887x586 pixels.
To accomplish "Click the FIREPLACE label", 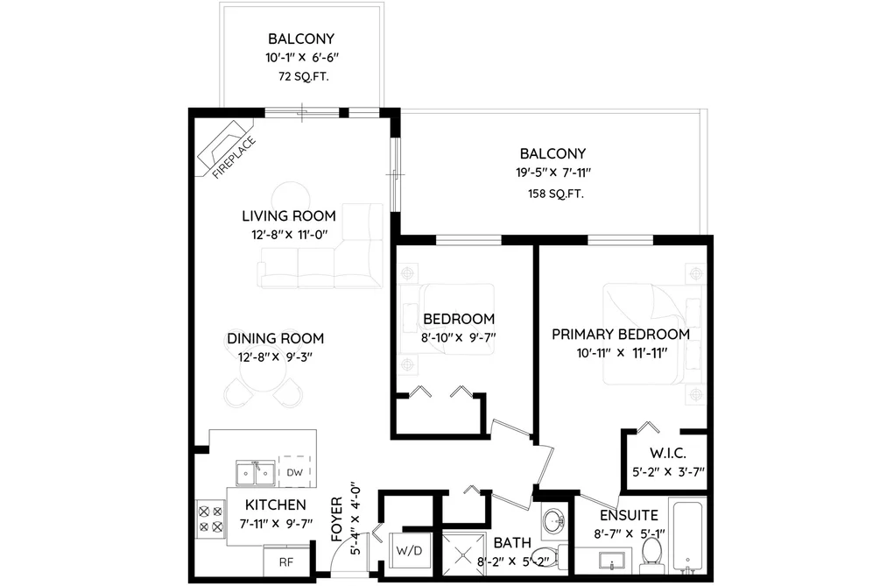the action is [x=234, y=158].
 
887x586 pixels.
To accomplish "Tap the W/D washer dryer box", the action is [x=409, y=550].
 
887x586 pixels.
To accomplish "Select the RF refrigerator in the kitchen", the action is [x=286, y=561].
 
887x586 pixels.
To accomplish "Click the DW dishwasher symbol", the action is [x=295, y=472].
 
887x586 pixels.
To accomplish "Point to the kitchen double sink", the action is [x=256, y=473].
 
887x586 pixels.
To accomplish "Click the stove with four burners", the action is [x=210, y=519].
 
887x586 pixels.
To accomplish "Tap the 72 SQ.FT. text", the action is [x=303, y=76].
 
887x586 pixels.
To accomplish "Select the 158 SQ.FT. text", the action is [x=555, y=194].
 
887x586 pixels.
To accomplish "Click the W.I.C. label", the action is [x=667, y=453].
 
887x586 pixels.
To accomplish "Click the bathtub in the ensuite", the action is [x=688, y=536].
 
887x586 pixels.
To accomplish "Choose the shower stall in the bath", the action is [x=463, y=555].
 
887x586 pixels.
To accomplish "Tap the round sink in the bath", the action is [x=553, y=520].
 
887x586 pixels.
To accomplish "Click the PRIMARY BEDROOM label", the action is [x=621, y=335].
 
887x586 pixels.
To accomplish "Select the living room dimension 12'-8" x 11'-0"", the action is [x=290, y=235].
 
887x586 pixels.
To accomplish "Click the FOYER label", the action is [x=337, y=519].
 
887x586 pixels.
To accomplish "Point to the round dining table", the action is [x=263, y=373].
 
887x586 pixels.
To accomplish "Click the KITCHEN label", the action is [x=276, y=505].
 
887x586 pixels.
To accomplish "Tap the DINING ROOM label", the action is [x=276, y=338].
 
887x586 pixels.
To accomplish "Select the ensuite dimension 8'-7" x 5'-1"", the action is [x=629, y=533].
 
